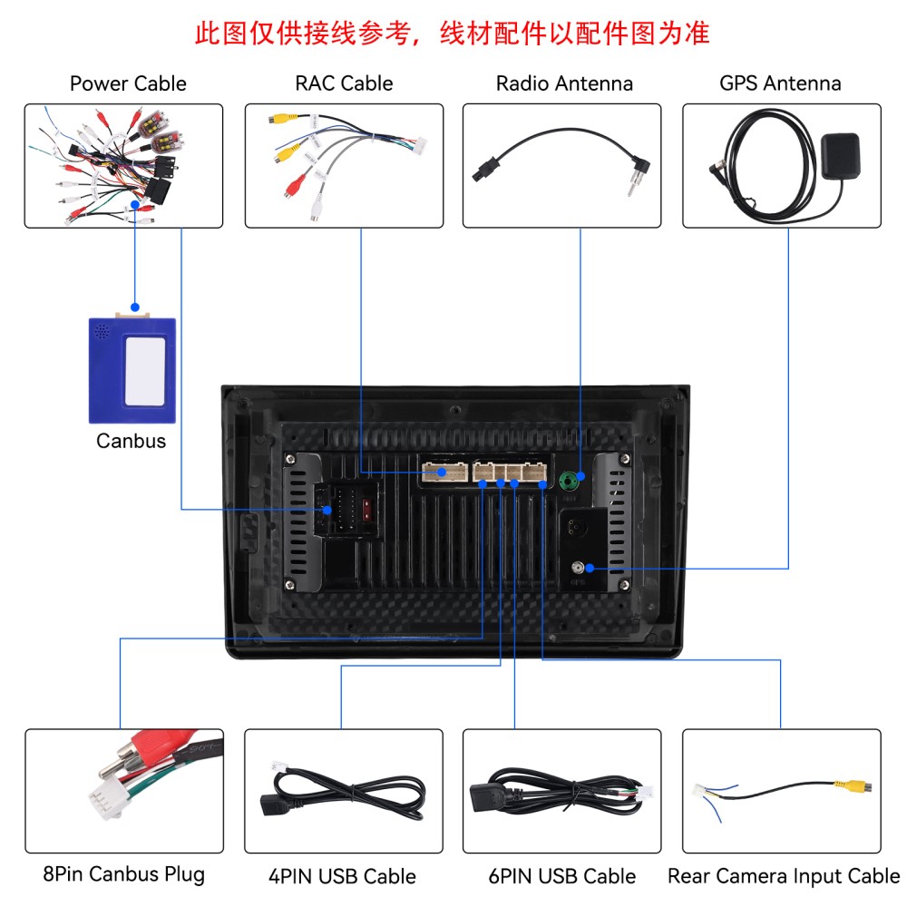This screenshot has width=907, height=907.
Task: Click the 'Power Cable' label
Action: tap(128, 83)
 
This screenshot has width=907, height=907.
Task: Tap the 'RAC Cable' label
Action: tap(344, 83)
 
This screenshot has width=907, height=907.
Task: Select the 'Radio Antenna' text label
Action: tap(564, 83)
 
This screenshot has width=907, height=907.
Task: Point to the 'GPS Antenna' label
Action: tap(780, 83)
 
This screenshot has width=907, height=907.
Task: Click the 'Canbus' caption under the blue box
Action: tap(131, 441)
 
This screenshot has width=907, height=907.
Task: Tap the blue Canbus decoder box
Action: tap(132, 370)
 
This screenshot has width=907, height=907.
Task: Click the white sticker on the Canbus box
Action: tap(144, 371)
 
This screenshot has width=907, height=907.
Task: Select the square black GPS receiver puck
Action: tap(841, 156)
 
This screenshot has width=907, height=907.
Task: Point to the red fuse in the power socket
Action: tap(366, 510)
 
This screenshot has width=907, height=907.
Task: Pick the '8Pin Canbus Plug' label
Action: tap(123, 874)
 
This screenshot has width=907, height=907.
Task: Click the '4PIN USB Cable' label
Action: tap(342, 876)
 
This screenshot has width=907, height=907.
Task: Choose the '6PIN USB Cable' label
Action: tap(561, 876)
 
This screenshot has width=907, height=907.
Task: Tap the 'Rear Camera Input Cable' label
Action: tap(784, 876)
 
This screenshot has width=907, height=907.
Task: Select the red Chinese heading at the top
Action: tap(452, 33)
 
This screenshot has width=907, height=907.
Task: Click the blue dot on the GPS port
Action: tap(590, 568)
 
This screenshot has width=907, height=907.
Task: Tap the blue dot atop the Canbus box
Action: tap(135, 307)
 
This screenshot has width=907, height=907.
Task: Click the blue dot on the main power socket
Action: tap(327, 510)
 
